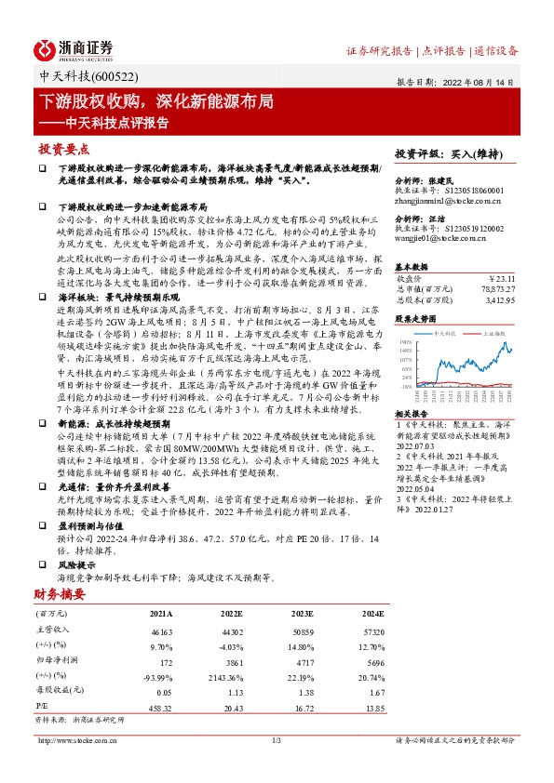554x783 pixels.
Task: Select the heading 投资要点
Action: [64, 148]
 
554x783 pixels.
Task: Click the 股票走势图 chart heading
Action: [417, 317]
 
